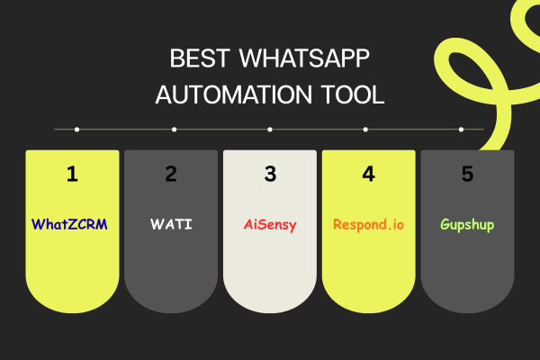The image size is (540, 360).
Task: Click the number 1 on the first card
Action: tap(72, 175)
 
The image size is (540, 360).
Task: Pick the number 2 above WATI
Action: tap(171, 175)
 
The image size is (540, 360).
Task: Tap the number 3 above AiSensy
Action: tap(270, 175)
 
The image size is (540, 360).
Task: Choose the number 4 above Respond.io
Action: tap(368, 175)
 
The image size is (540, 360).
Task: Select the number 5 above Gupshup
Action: tap(467, 175)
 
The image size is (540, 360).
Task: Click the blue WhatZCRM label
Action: tap(70, 224)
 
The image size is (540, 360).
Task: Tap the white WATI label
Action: tap(171, 224)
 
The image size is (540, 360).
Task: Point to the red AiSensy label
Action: tap(270, 224)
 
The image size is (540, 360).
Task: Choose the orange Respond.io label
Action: tap(368, 224)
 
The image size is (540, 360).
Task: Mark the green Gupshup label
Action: tap(467, 224)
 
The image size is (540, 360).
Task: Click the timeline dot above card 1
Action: tap(77, 130)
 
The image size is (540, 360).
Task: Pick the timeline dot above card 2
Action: tap(174, 130)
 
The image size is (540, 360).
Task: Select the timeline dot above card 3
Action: tap(270, 130)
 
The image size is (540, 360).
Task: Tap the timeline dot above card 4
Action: tap(366, 130)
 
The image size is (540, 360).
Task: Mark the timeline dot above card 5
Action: tap(462, 130)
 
